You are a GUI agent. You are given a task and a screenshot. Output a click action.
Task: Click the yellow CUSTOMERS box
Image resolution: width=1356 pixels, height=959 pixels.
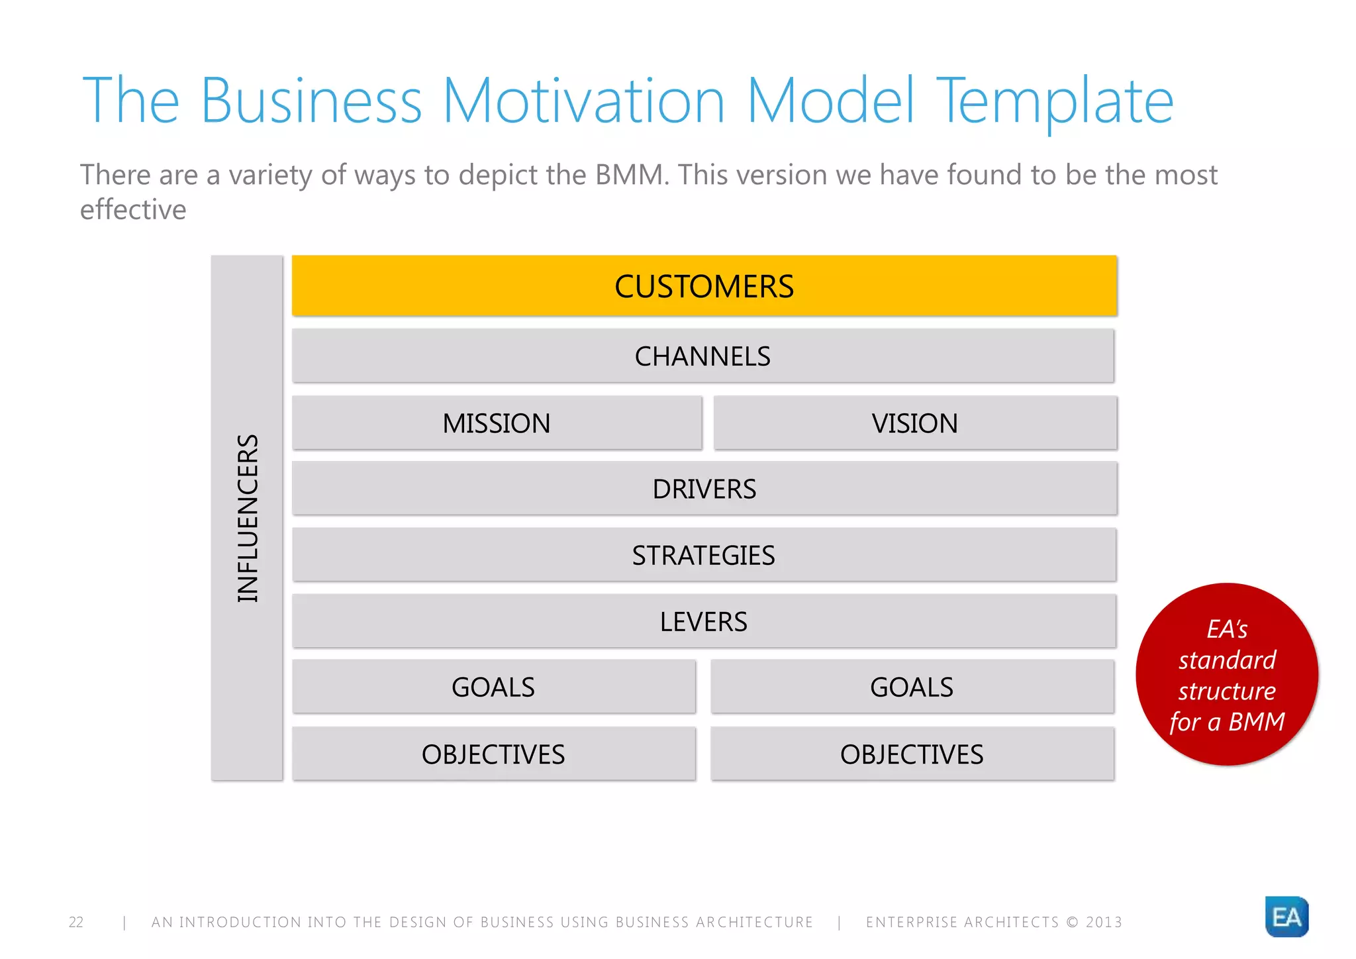click(704, 285)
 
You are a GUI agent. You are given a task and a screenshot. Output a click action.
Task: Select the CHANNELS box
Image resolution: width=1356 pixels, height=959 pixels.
click(702, 356)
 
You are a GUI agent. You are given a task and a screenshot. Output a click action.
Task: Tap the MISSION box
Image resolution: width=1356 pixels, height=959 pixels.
click(497, 423)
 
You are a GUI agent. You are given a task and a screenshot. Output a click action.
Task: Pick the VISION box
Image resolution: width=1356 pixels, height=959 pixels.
click(914, 423)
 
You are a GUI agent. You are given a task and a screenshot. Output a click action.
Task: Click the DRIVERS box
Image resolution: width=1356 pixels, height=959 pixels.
click(704, 489)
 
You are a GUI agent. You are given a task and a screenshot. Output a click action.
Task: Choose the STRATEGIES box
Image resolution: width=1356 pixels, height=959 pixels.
click(704, 555)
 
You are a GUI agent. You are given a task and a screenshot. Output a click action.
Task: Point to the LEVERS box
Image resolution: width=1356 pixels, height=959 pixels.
click(704, 621)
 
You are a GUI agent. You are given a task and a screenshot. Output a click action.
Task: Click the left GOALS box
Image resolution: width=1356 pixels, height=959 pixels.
click(493, 687)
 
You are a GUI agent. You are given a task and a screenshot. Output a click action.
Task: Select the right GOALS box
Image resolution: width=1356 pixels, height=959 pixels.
click(912, 687)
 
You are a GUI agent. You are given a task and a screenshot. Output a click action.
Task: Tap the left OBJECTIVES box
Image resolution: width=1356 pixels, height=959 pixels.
click(493, 754)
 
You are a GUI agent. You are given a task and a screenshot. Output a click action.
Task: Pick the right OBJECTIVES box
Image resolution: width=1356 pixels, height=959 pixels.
click(912, 754)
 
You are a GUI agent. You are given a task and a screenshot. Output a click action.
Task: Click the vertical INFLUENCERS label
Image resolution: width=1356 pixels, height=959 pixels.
click(248, 518)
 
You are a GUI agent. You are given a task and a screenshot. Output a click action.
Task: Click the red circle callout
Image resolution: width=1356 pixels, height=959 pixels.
click(1226, 674)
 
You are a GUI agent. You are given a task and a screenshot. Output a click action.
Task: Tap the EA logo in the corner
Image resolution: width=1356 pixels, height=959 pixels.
click(1286, 917)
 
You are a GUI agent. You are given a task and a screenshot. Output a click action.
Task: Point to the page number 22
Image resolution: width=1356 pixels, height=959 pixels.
click(76, 922)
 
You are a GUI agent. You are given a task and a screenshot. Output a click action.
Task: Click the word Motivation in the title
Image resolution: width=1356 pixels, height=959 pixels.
click(583, 101)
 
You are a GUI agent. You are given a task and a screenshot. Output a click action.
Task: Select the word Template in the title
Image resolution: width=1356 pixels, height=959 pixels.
click(1054, 101)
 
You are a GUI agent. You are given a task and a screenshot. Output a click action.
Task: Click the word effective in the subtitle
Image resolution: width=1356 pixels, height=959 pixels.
click(133, 210)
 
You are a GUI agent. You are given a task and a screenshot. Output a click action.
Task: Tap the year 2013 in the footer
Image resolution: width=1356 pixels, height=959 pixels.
click(1104, 922)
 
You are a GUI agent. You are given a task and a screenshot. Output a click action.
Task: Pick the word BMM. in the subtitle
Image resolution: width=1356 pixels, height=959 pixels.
click(632, 175)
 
